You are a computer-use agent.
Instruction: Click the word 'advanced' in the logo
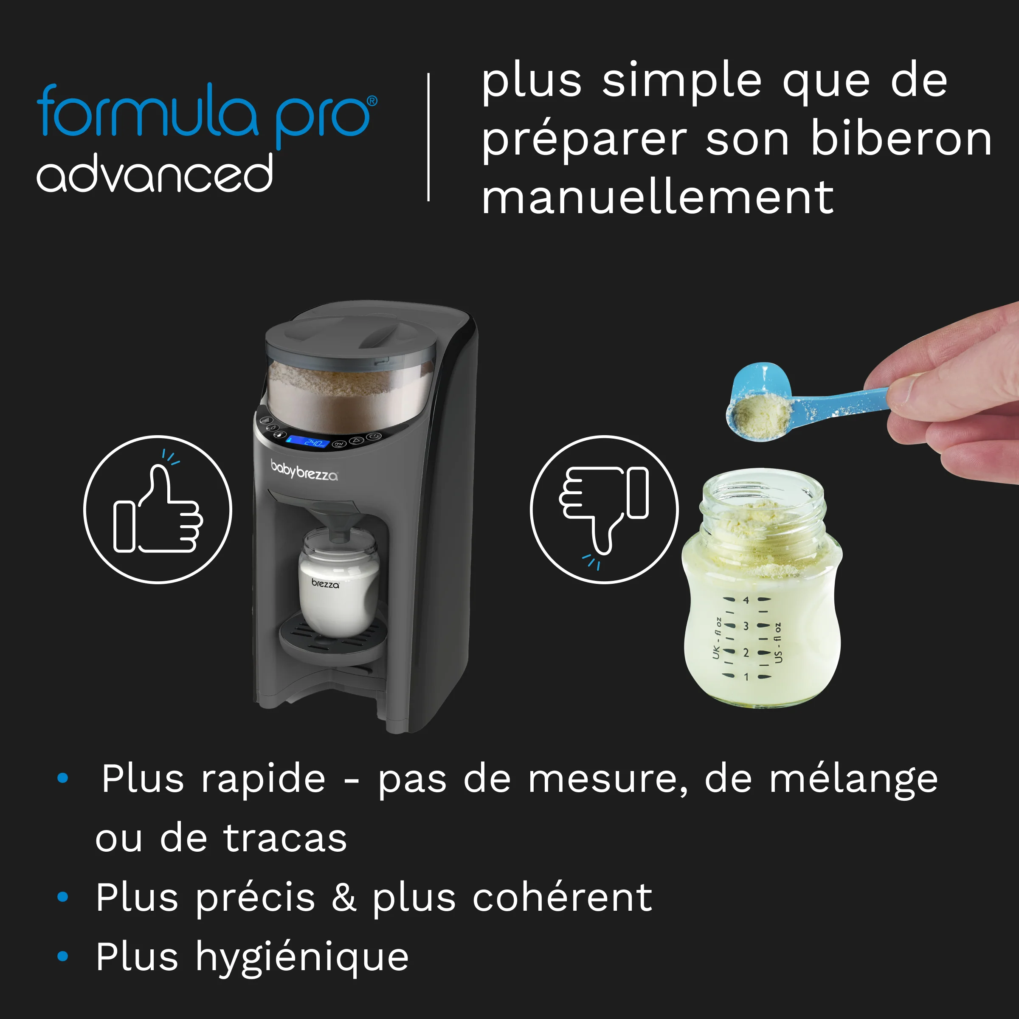(x=155, y=174)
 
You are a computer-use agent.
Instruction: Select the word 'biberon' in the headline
(x=901, y=139)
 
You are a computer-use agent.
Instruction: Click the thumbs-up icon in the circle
(x=158, y=509)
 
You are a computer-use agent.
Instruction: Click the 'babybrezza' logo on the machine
(x=304, y=470)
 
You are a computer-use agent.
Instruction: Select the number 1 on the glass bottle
(x=746, y=677)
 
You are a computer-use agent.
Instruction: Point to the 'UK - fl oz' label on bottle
(x=716, y=638)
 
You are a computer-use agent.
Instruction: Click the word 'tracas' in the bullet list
(x=285, y=838)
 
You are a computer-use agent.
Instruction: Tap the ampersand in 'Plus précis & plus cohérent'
(x=343, y=897)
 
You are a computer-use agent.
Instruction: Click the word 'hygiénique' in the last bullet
(x=302, y=957)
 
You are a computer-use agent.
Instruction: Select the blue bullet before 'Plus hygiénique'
(x=63, y=956)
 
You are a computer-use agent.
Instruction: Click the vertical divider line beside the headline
(x=428, y=137)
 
